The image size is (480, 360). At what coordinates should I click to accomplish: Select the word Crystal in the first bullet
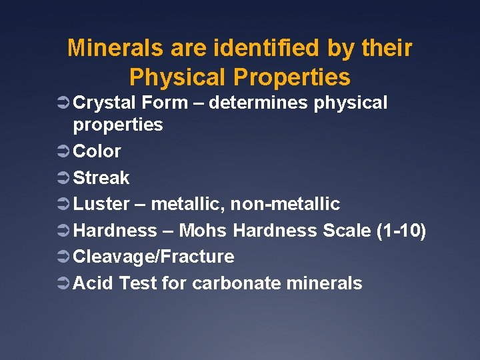pyautogui.click(x=104, y=103)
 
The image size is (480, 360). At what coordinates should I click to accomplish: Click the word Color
pyautogui.click(x=97, y=151)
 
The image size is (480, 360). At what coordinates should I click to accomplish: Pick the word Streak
pyautogui.click(x=101, y=178)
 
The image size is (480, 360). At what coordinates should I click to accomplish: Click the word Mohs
pyautogui.click(x=204, y=231)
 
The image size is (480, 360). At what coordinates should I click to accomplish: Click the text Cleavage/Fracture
pyautogui.click(x=153, y=257)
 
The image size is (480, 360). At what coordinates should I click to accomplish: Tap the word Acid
pyautogui.click(x=93, y=283)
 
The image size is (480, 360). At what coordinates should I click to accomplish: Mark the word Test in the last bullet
pyautogui.click(x=138, y=283)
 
